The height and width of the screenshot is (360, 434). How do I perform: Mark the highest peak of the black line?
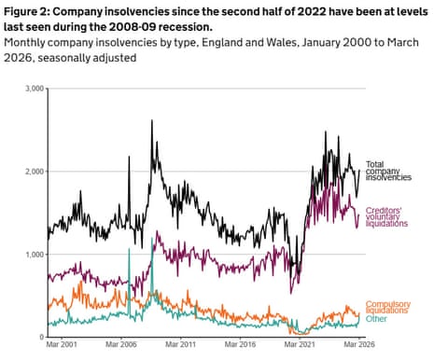(151, 120)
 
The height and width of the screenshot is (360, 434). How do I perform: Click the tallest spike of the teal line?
(152, 239)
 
